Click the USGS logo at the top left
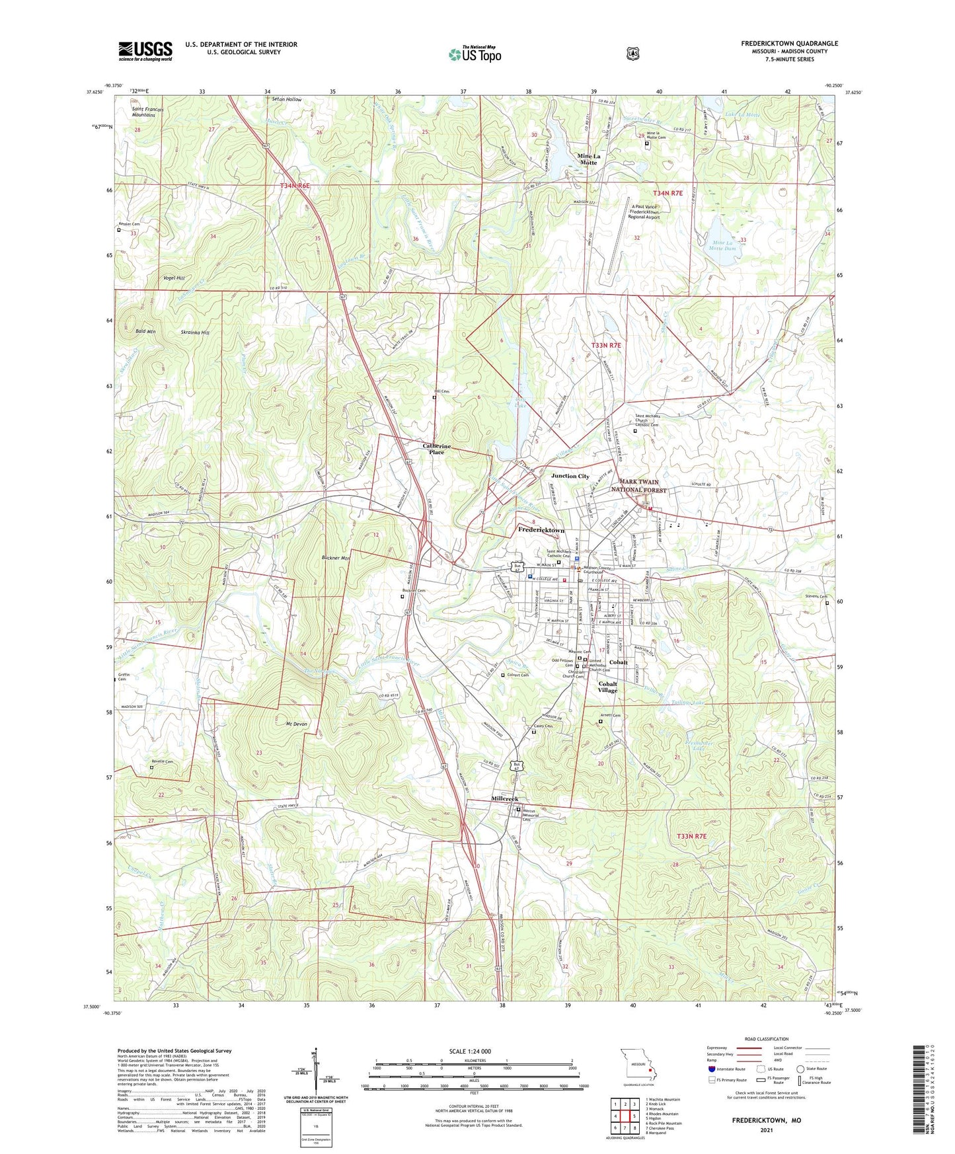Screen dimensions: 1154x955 tap(145, 51)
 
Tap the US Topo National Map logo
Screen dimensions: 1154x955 tap(475, 54)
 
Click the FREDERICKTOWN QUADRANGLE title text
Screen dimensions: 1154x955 tap(789, 44)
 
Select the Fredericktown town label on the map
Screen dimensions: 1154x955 tap(541, 530)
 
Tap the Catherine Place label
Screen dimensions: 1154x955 tap(436, 449)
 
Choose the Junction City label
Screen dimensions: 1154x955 tap(570, 476)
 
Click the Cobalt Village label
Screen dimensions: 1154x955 tap(607, 687)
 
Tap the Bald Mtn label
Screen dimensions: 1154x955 tap(145, 331)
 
